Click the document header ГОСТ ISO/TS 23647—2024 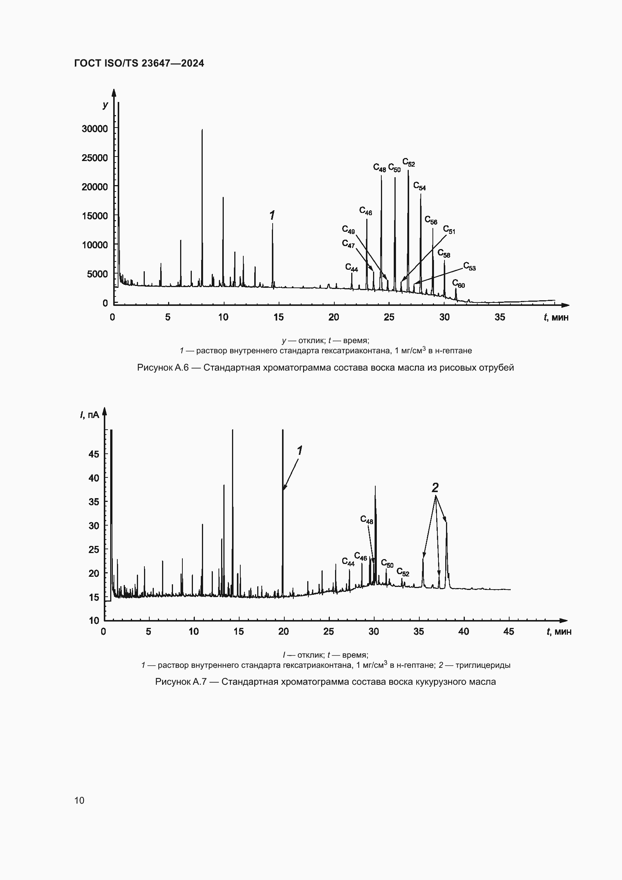(139, 63)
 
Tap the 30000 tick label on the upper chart (95, 128)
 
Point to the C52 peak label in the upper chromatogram (408, 163)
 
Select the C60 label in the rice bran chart (458, 284)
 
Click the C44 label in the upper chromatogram (351, 267)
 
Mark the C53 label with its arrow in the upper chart (469, 266)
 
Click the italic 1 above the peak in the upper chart (272, 216)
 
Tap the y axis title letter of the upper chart (105, 105)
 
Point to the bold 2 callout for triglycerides (435, 488)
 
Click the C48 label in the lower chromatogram (367, 520)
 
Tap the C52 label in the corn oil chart (402, 572)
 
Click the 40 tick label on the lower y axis (94, 478)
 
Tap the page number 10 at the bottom (79, 800)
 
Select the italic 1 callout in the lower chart (299, 451)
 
